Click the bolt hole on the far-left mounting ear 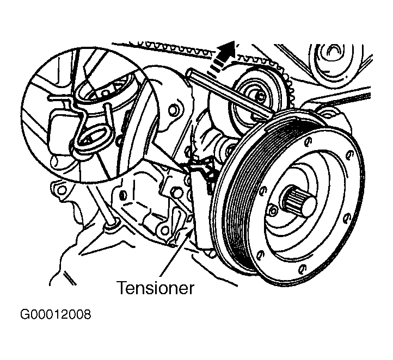[59, 190]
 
